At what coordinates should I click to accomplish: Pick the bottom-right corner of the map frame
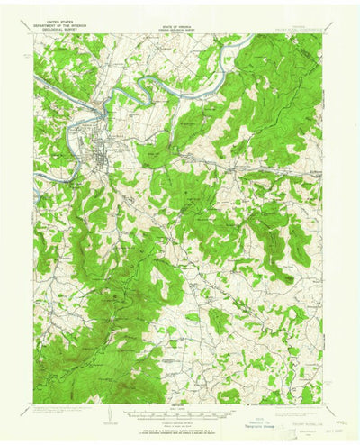(322, 403)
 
